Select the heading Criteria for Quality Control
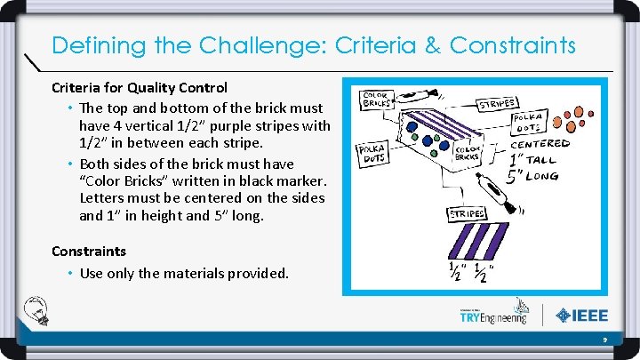140,87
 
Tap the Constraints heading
89,252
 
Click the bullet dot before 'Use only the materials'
70,274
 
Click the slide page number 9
604,340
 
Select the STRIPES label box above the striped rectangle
467,213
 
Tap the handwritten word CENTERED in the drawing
540,143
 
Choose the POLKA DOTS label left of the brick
370,156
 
